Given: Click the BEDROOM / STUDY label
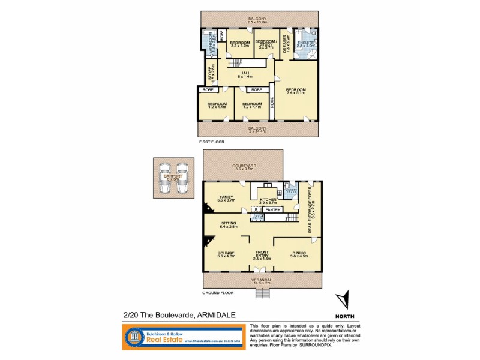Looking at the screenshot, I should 264,44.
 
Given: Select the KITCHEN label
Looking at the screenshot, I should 268,201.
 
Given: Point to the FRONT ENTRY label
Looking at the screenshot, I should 262,254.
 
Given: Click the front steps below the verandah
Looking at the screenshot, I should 263,294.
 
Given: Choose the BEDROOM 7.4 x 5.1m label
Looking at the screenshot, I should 296,91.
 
